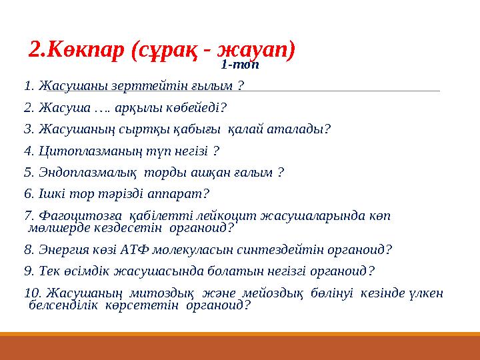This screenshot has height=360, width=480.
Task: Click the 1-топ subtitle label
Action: coord(239,65)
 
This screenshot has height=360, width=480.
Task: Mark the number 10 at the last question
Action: coord(31,293)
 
